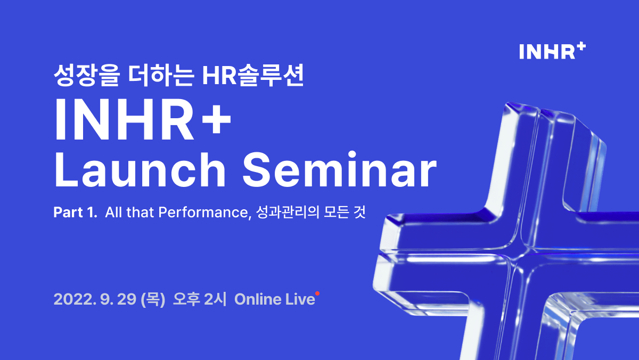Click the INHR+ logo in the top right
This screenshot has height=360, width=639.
552,51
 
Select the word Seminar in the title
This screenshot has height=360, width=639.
339,171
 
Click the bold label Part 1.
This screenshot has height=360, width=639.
75,212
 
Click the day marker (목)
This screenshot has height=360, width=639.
152,299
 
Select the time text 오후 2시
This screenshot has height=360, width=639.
200,299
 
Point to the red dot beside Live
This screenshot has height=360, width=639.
317,293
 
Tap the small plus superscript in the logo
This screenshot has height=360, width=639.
581,47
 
